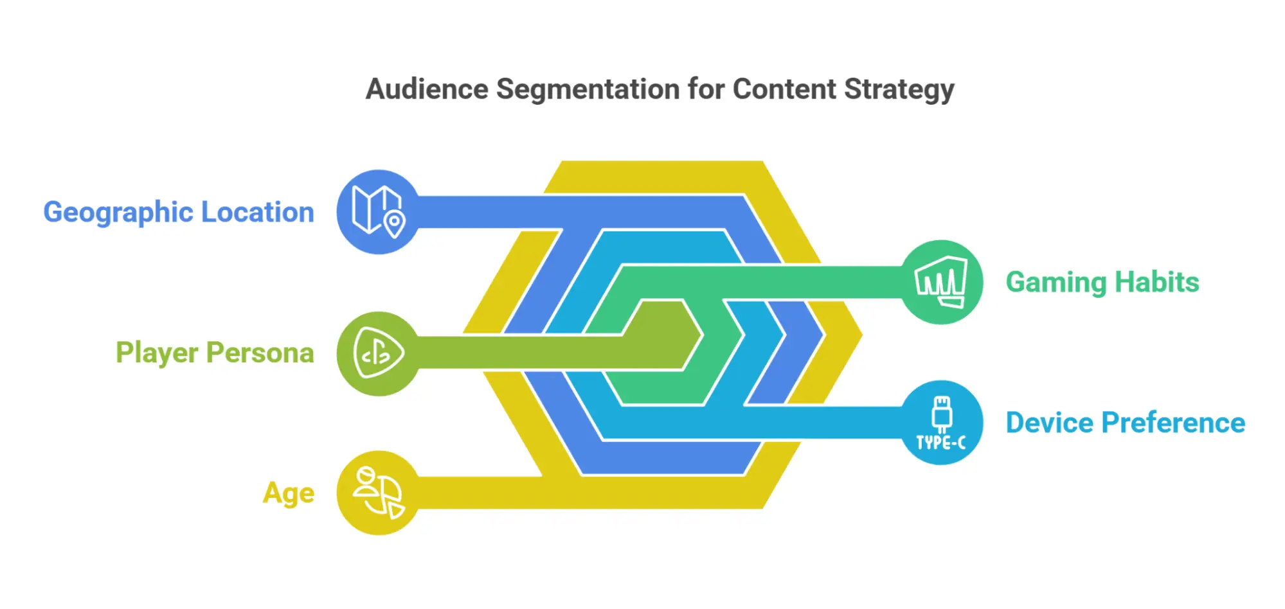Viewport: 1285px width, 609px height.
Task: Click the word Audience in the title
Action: point(427,89)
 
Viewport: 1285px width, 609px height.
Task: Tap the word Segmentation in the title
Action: point(588,90)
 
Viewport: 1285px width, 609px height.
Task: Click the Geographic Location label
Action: point(179,213)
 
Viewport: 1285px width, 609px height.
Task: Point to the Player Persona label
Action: point(215,353)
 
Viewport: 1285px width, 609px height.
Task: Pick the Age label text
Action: point(289,493)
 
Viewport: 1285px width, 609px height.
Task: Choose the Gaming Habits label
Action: point(1102,283)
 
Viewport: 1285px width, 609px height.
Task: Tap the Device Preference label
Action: point(1126,423)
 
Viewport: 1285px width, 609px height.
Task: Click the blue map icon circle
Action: point(379,212)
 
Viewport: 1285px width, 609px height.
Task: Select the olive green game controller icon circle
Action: point(379,353)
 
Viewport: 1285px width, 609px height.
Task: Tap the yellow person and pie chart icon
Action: point(379,493)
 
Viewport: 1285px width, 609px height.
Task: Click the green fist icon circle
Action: point(941,282)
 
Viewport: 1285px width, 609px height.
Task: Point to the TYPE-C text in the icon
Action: point(941,443)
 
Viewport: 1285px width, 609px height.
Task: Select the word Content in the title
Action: point(784,89)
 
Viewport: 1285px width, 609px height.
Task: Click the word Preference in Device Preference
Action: point(1174,423)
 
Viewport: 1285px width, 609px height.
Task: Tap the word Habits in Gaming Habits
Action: point(1157,282)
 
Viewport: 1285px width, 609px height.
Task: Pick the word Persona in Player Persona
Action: point(260,353)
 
